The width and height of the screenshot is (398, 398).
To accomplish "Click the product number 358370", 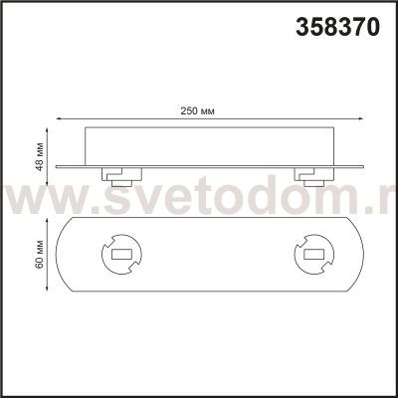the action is pyautogui.click(x=337, y=27).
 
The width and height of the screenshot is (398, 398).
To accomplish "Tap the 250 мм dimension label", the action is pyautogui.click(x=197, y=110).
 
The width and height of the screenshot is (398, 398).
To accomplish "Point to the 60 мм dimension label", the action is pyautogui.click(x=40, y=254).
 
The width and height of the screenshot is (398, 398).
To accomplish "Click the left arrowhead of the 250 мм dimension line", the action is pyautogui.click(x=59, y=118).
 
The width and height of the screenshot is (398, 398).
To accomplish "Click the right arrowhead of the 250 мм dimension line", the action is pyautogui.click(x=361, y=118).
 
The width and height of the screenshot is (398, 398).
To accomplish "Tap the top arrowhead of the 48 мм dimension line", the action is pyautogui.click(x=48, y=130).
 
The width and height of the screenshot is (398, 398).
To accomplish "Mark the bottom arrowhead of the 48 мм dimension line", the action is pyautogui.click(x=48, y=182).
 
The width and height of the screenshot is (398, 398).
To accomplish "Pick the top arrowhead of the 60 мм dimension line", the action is pyautogui.click(x=48, y=221).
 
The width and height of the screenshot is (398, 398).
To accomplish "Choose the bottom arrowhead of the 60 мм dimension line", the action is pyautogui.click(x=48, y=289).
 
